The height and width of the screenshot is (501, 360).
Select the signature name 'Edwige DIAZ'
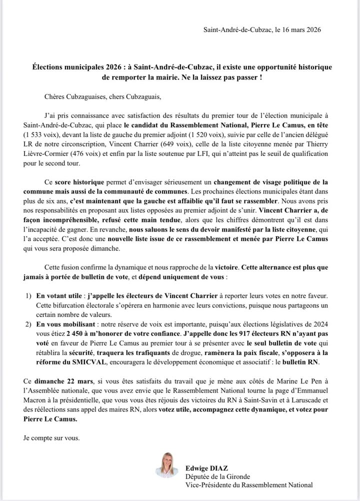click(206, 468)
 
